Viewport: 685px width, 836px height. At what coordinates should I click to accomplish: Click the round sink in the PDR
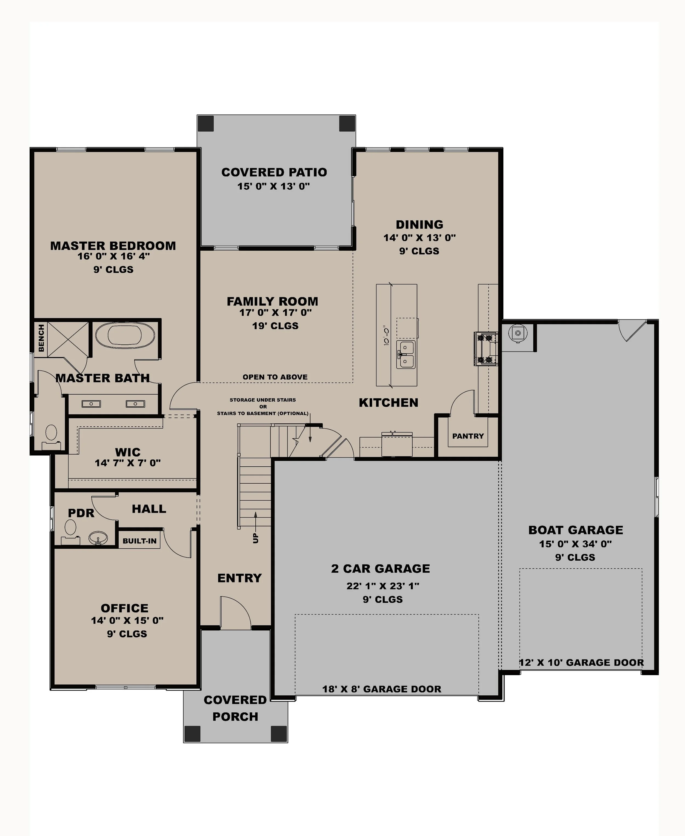[x=98, y=537]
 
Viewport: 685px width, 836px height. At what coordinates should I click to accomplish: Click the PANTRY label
[x=468, y=436]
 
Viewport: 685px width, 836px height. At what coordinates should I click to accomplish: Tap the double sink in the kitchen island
[x=406, y=355]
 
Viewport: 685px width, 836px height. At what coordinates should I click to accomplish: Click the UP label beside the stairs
[x=256, y=538]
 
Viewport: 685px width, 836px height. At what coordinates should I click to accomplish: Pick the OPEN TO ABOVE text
[x=275, y=377]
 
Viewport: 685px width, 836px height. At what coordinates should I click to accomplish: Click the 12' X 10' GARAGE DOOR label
[x=581, y=662]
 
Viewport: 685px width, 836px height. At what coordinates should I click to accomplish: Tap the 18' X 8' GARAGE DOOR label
[x=382, y=689]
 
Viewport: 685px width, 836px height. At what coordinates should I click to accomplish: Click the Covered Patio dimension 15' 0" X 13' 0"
[x=273, y=186]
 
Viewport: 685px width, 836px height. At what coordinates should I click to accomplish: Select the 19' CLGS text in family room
[x=275, y=326]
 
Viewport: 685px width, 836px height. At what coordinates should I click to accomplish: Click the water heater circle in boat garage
[x=518, y=333]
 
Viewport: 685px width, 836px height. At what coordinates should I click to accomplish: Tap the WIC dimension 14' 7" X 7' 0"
[x=127, y=463]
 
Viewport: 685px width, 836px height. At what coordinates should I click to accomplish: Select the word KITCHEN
[x=388, y=403]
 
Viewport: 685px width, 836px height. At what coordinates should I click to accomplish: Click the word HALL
[x=149, y=509]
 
